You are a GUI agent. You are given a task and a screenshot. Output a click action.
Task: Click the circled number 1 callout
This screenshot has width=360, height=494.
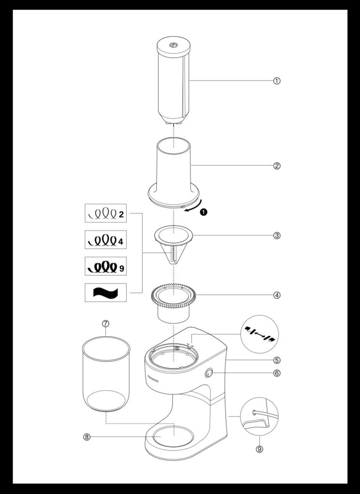point(277,81)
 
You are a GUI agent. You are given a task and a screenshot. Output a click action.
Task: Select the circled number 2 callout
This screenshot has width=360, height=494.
point(277,166)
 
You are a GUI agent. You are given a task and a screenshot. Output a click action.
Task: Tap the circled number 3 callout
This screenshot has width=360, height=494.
point(277,235)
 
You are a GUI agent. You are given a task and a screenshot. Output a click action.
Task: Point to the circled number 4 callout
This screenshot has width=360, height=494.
point(277,295)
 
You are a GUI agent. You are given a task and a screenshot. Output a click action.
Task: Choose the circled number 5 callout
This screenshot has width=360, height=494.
point(277,360)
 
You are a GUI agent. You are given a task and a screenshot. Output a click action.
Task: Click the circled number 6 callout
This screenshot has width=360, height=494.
point(277,373)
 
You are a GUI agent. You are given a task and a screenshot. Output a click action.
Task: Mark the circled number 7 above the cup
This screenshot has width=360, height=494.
point(106,324)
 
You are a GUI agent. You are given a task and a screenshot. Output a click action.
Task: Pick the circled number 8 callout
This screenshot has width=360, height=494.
point(87,437)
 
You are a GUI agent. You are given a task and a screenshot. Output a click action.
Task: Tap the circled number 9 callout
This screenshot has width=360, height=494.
point(259,449)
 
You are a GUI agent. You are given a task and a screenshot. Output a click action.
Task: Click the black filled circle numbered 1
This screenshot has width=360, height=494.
point(204,212)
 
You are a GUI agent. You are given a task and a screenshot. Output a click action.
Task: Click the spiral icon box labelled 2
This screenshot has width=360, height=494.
point(106,213)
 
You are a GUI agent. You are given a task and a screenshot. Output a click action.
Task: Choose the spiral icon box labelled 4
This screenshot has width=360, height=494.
point(106,240)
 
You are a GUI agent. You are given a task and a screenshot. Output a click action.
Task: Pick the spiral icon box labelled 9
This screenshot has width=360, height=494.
point(106,266)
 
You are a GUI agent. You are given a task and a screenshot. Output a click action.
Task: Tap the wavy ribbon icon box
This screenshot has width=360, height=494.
point(106,293)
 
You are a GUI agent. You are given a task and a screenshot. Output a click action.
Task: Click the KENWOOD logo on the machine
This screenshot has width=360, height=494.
point(153,379)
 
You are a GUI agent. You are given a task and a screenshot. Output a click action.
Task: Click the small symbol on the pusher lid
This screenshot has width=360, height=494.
point(173,45)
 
